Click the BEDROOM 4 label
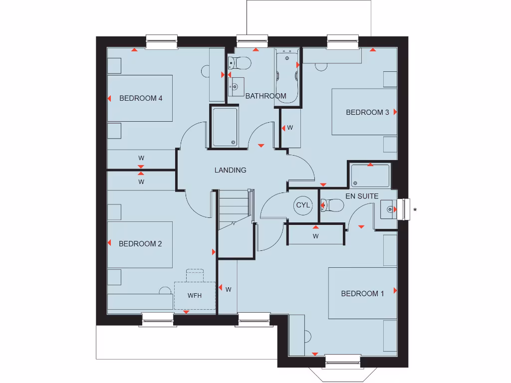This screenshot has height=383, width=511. point(141,98)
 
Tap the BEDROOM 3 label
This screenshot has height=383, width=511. point(367,112)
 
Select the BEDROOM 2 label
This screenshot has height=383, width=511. point(140,244)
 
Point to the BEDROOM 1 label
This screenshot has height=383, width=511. point(362,293)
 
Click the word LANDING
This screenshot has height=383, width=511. point(230,170)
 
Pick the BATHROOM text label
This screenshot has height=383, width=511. point(265,96)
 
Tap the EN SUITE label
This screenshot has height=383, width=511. point(362,196)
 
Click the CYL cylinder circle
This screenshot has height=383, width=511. point(303,205)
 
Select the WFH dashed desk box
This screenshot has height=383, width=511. point(195,295)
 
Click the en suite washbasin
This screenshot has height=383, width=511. point(388,209)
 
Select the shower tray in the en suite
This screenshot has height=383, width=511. point(370,176)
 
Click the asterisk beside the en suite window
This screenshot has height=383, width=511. point(415,210)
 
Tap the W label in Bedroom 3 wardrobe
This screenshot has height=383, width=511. point(290,128)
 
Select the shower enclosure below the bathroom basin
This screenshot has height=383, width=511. point(224,127)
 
